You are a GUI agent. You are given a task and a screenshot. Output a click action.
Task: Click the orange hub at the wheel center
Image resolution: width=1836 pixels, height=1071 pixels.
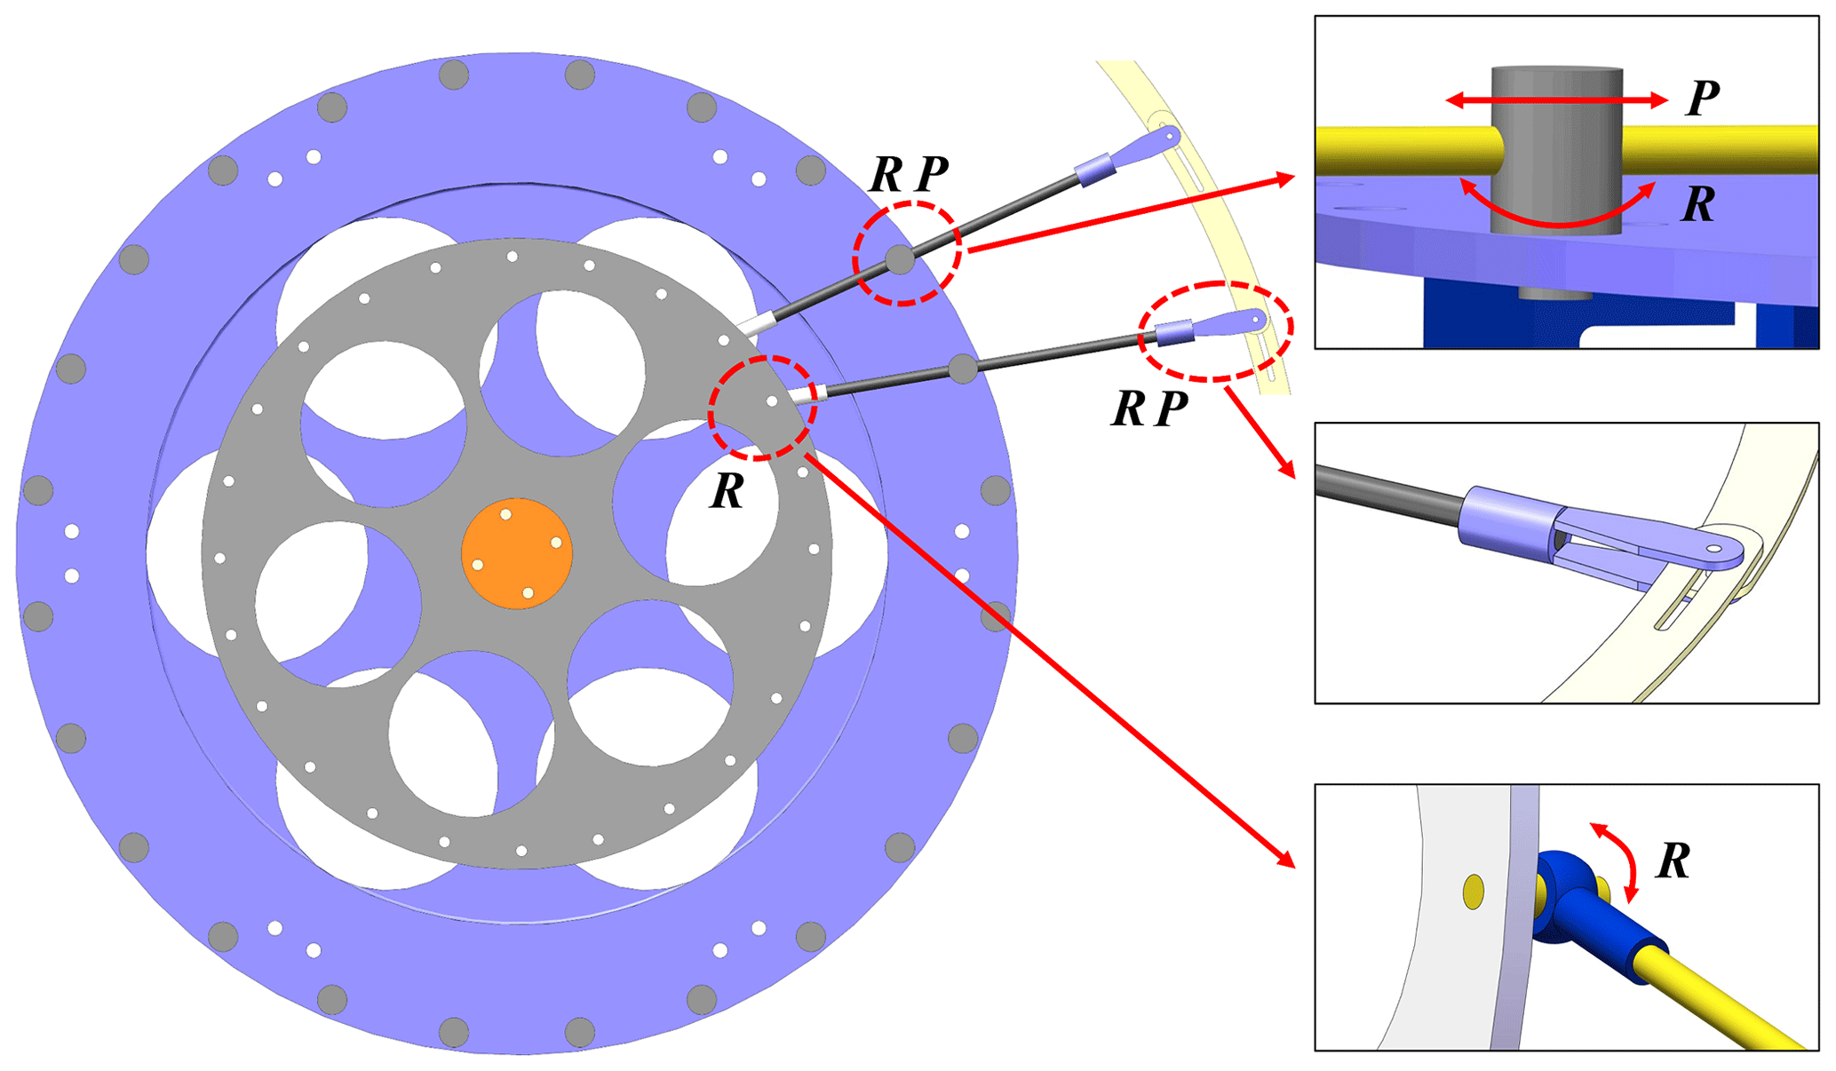point(516,553)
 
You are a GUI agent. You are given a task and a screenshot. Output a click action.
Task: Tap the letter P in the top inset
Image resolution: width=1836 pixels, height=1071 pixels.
point(1702,99)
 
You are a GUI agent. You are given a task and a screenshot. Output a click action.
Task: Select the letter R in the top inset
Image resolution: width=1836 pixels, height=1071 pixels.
point(1698,205)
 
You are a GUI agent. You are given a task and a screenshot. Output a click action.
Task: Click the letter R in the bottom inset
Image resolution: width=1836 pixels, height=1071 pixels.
point(1673,861)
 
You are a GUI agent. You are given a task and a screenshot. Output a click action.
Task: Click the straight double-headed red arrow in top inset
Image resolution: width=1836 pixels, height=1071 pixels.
point(1556,101)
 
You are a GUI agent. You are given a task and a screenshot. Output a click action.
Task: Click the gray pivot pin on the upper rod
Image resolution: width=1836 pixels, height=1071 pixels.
point(900,259)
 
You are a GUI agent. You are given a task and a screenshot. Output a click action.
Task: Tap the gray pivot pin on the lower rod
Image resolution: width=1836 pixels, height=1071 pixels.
point(963,368)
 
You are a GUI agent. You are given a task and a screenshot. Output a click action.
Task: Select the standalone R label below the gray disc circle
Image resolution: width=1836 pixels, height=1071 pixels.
point(727,491)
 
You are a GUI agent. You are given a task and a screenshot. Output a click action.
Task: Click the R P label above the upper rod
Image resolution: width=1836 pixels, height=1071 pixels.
point(908,174)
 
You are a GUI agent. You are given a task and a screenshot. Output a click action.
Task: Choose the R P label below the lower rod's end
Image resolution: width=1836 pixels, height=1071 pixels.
point(1149,409)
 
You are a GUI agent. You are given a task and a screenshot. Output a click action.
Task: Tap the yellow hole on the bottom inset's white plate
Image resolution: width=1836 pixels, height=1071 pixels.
point(1473,892)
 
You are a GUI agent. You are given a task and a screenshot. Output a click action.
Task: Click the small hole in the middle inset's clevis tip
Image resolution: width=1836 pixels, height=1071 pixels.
point(1714,549)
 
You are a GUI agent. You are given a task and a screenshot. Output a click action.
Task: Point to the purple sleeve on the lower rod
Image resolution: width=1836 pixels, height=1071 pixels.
point(1173,333)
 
